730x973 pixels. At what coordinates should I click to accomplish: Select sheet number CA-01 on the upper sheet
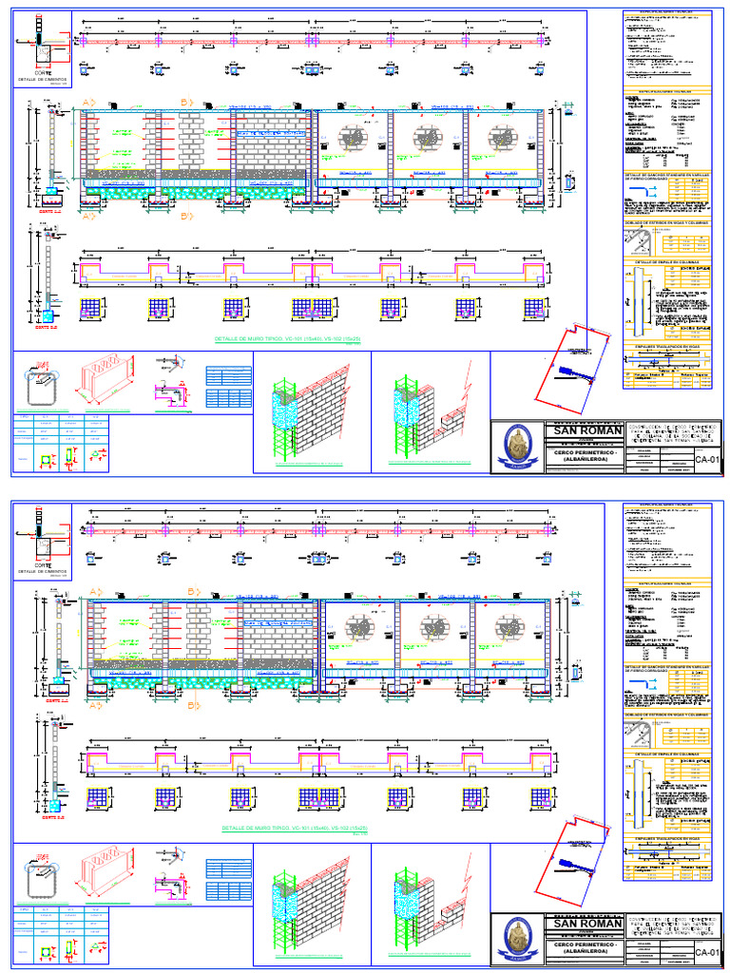click(704, 460)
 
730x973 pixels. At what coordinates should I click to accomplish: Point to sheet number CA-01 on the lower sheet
click(704, 952)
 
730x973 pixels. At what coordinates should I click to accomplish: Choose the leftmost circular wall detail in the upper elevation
click(354, 138)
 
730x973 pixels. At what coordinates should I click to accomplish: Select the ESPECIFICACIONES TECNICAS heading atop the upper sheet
click(667, 12)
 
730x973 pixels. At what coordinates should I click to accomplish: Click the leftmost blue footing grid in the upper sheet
click(91, 308)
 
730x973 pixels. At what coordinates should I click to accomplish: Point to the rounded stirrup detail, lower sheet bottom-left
click(37, 874)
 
